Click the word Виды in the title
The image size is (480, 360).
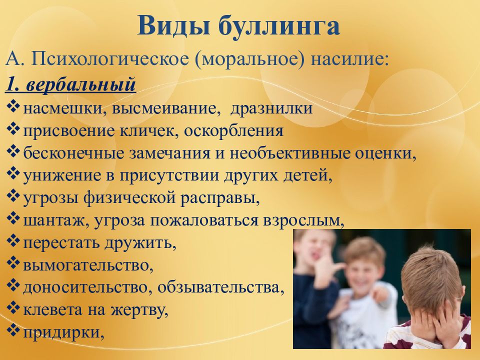click(x=168, y=26)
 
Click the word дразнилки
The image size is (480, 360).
click(x=275, y=108)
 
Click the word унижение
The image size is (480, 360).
click(x=56, y=176)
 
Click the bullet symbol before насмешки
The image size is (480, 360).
click(x=14, y=107)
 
